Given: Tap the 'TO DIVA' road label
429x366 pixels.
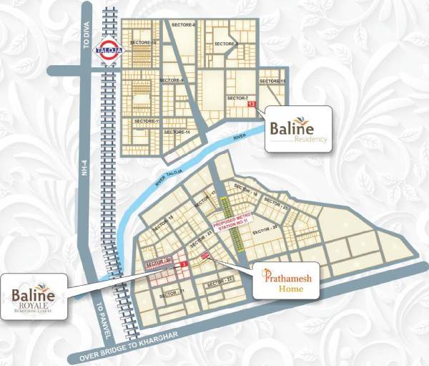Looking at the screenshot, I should [84, 44].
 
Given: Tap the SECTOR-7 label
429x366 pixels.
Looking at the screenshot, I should [237, 97].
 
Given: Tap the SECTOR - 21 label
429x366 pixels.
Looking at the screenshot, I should [173, 291].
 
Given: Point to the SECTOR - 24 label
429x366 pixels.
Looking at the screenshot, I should [266, 228].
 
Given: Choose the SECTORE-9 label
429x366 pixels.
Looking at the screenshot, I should [172, 80].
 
